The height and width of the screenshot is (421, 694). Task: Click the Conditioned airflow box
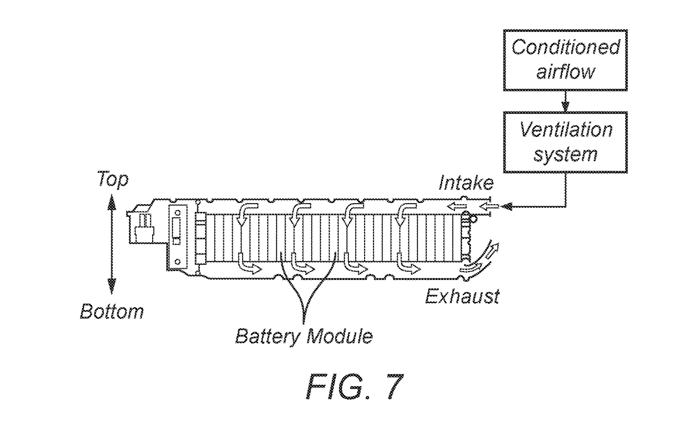pos(565,60)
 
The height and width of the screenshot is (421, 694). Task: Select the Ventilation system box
pos(565,142)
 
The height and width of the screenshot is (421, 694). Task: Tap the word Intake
pos(466,183)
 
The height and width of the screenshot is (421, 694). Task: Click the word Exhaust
pos(462,297)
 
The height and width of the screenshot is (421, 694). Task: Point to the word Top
pos(113,180)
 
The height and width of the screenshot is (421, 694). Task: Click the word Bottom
pos(112,311)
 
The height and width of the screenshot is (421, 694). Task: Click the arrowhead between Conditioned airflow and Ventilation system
pos(565,107)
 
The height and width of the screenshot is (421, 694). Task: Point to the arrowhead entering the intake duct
pos(507,206)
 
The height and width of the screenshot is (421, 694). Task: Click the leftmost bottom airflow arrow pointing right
pos(246,264)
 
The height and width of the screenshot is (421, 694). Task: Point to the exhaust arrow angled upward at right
pos(491,251)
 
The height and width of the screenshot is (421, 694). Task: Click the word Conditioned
pos(565,48)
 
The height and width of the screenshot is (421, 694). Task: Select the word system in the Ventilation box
pos(565,154)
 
